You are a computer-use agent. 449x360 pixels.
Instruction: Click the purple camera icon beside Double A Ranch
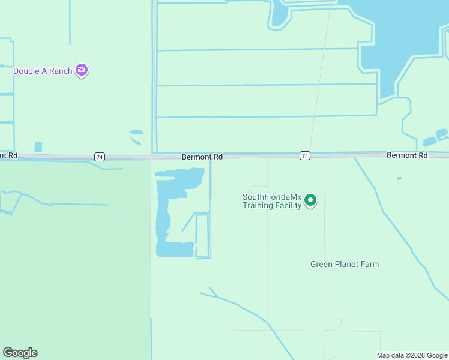(x=82, y=71)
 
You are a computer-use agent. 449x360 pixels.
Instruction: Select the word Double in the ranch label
(x=26, y=71)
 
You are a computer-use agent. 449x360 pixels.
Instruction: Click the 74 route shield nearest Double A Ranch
(x=100, y=157)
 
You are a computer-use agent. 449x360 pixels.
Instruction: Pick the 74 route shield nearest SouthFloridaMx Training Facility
(x=305, y=156)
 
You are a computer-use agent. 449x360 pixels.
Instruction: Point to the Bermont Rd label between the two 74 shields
(x=202, y=157)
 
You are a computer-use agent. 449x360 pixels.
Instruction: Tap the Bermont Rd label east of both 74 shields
(x=407, y=155)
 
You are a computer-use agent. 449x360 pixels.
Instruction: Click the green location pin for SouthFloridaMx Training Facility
(x=310, y=200)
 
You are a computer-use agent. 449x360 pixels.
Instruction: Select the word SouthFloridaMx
(x=272, y=197)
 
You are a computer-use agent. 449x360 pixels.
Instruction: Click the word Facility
(x=289, y=206)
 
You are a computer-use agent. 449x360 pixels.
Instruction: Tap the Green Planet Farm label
(x=345, y=264)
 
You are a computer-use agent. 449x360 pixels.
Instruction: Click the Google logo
(x=20, y=353)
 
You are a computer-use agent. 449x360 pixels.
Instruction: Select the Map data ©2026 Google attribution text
(x=412, y=355)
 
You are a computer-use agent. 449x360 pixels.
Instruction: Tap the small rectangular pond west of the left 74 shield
(x=38, y=147)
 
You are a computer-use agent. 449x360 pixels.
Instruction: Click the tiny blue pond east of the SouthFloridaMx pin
(x=399, y=178)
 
